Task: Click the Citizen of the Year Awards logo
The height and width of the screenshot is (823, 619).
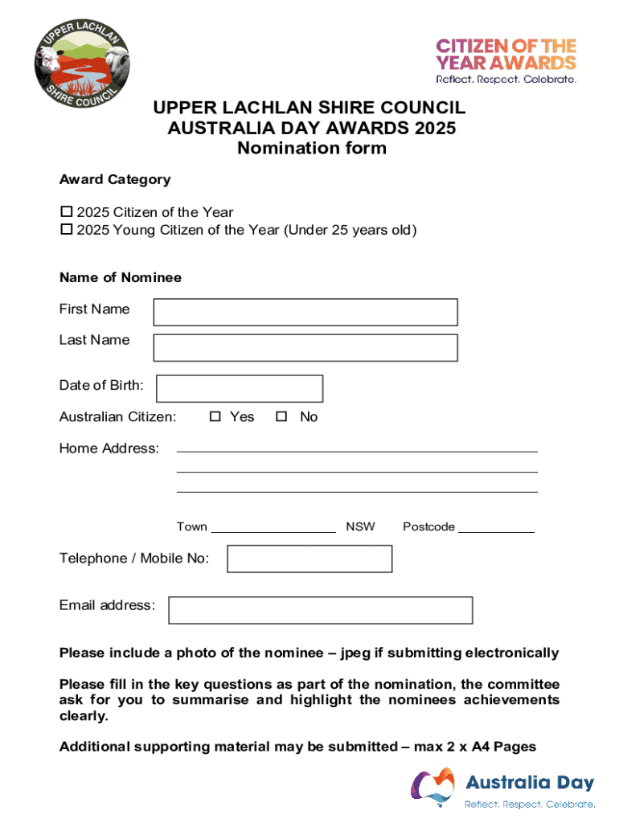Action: tap(506, 60)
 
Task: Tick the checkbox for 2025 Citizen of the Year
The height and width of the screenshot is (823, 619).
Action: tap(67, 212)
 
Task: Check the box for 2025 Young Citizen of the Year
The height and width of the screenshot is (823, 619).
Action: tap(67, 231)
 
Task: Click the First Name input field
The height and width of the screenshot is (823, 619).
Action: tap(305, 312)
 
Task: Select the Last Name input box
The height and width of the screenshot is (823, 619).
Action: tap(305, 347)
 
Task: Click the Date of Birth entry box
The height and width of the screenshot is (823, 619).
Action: tap(239, 388)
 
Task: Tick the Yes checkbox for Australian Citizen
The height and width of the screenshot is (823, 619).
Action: tap(215, 416)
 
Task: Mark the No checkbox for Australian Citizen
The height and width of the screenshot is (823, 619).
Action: tap(281, 416)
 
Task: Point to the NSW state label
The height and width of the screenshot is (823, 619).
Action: tap(360, 527)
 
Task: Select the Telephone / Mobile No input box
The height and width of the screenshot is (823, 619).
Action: tap(309, 559)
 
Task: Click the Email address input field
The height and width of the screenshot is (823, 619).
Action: tap(320, 610)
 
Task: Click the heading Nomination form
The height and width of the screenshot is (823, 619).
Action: tap(311, 148)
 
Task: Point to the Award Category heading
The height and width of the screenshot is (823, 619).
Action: tap(115, 179)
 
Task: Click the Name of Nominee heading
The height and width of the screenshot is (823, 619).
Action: tap(121, 277)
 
